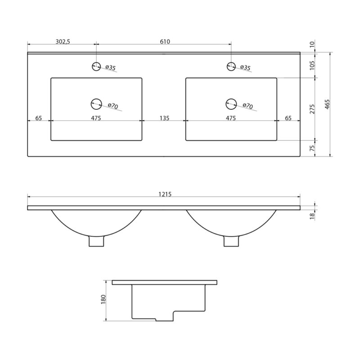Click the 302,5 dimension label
pos(63,41)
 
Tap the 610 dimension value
pos(165,41)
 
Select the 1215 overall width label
pos(165,194)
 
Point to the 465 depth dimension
pos(328,104)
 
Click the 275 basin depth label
pos(312,109)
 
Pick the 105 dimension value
pos(312,65)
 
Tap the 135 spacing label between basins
pos(164,118)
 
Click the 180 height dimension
pos(103,299)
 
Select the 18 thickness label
pos(312,216)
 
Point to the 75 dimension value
pos(312,148)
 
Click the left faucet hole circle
pos(96,67)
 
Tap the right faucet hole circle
pos(231,66)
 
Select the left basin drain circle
pos(96,104)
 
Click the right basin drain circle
pos(231,104)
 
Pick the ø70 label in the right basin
pos(247,106)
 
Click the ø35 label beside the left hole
pos(110,67)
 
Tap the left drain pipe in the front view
pos(96,241)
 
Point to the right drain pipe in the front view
pos(231,241)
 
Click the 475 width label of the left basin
pos(96,118)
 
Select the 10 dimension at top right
pos(312,44)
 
